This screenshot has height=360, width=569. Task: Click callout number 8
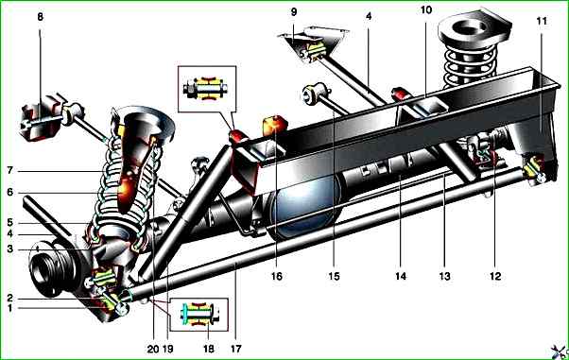(x=40, y=17)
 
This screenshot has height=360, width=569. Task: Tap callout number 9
(x=294, y=11)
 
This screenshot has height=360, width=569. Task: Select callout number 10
(x=426, y=9)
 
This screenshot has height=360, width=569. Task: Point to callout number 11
(x=542, y=21)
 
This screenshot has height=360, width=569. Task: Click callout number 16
(x=277, y=276)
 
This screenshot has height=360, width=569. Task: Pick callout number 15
(x=335, y=276)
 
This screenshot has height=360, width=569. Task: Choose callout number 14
(x=401, y=276)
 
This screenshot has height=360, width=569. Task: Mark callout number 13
(x=445, y=276)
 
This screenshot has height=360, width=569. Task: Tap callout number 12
(x=495, y=276)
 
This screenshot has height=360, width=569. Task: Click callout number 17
(x=236, y=349)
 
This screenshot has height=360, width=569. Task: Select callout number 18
(x=209, y=349)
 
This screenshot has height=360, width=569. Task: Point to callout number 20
(x=153, y=349)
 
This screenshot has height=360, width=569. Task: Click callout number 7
(x=9, y=170)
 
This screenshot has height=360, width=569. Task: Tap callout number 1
(x=9, y=308)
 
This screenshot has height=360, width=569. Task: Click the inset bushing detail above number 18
(x=198, y=315)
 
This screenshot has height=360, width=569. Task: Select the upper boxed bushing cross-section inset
(x=207, y=89)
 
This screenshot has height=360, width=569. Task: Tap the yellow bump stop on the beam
(x=275, y=126)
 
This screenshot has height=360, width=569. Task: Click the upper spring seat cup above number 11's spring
(x=474, y=29)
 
